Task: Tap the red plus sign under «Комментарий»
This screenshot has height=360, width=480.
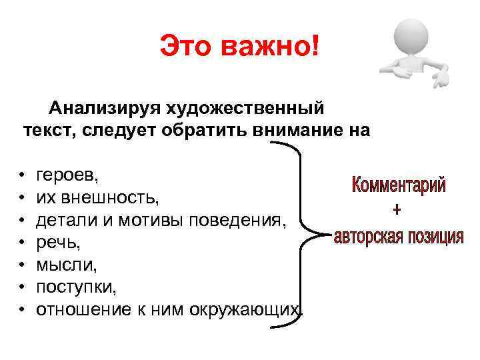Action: (397, 211)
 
